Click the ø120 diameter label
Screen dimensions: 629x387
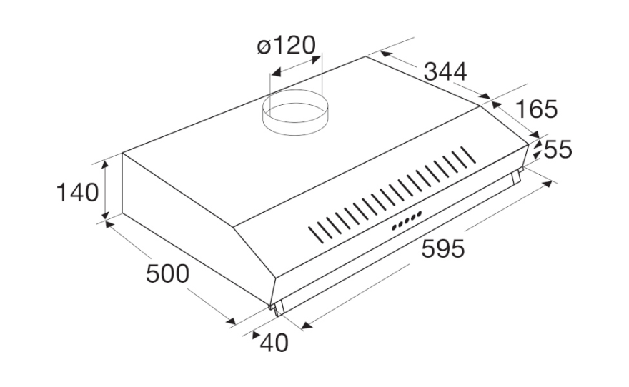point(286,46)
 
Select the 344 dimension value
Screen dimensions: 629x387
point(445,72)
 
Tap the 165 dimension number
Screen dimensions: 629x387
point(536,109)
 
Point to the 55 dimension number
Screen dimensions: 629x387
point(558,150)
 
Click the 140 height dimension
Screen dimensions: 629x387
point(77,192)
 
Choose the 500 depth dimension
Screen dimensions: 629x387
point(167,274)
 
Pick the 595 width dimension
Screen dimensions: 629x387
point(443,248)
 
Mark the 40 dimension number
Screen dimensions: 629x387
point(274,343)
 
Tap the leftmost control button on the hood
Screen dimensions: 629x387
point(395,228)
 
